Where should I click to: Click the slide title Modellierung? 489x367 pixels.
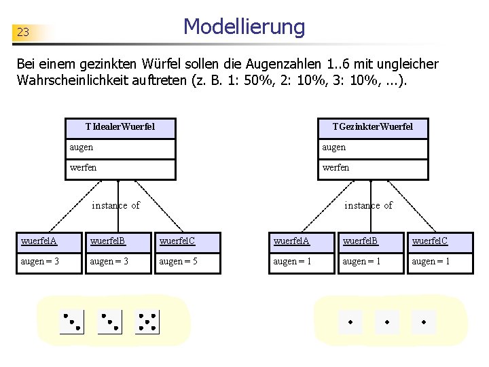pos(244,27)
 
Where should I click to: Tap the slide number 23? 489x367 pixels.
pos(23,32)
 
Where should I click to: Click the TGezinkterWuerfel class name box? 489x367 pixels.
pos(372,127)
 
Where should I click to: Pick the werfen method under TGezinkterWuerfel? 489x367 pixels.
pos(373,168)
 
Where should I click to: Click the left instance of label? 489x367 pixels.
pos(116,205)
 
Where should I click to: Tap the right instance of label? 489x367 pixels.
pos(368,205)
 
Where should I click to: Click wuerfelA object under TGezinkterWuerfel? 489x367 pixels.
pos(301,241)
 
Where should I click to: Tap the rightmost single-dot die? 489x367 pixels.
pos(424,321)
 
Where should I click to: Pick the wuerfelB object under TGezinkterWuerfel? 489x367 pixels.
pos(371,241)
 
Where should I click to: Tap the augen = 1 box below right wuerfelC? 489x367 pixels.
pos(440,262)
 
